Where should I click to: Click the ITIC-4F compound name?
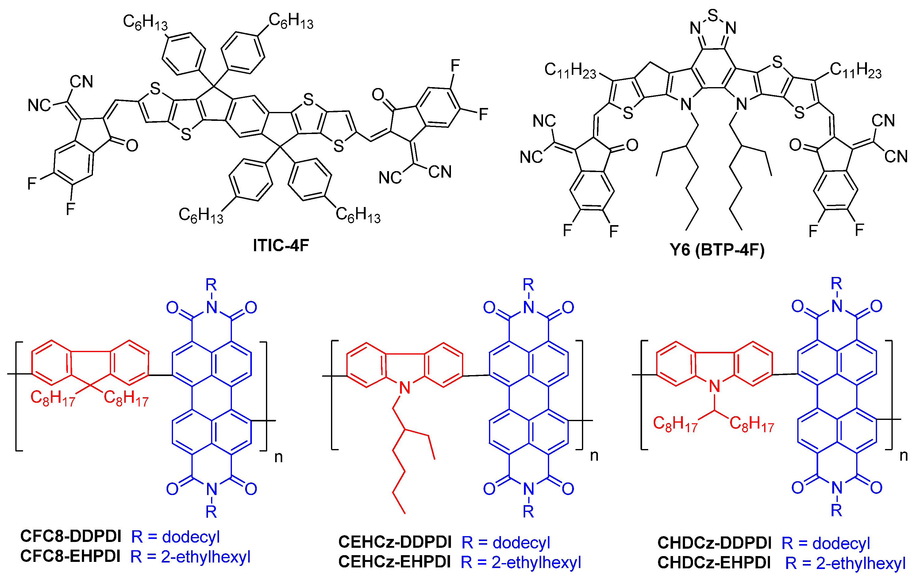[281, 245]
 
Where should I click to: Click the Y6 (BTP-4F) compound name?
[717, 250]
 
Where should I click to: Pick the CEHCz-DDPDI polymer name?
[395, 542]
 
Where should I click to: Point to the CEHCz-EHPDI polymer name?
[394, 562]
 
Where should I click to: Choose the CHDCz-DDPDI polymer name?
[714, 543]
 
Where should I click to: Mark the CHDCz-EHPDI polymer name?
[714, 563]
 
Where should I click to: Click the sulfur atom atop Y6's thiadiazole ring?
[713, 16]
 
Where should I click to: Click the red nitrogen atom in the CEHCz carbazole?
[405, 388]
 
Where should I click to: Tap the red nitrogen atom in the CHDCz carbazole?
[714, 386]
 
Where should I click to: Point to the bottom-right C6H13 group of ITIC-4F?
[358, 215]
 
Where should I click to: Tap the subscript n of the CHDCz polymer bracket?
[904, 456]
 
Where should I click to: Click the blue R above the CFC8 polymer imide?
[211, 285]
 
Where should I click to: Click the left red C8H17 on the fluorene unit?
[52, 398]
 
